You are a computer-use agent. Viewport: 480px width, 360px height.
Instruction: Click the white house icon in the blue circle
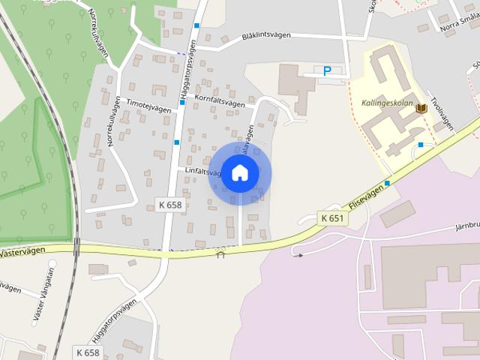pyautogui.click(x=240, y=173)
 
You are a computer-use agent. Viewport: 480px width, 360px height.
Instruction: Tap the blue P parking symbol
pyautogui.click(x=326, y=71)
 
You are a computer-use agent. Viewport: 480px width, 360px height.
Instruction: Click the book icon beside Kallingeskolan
pyautogui.click(x=421, y=108)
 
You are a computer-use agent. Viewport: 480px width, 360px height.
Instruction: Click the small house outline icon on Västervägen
pyautogui.click(x=220, y=253)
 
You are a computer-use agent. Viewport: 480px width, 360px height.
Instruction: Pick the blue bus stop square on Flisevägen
pyautogui.click(x=387, y=183)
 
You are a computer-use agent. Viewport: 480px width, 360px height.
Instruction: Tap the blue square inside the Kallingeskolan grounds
pyautogui.click(x=421, y=144)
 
